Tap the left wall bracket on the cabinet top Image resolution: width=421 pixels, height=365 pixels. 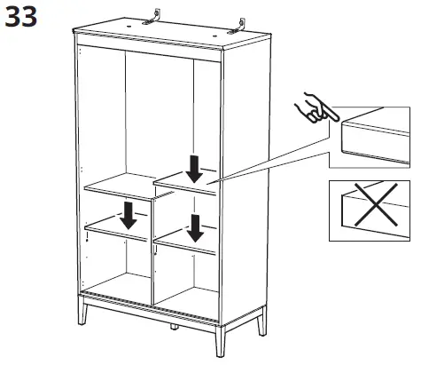[157, 16]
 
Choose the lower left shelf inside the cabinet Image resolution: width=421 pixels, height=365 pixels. [120, 234]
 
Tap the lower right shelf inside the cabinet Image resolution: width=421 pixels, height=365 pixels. [186, 244]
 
